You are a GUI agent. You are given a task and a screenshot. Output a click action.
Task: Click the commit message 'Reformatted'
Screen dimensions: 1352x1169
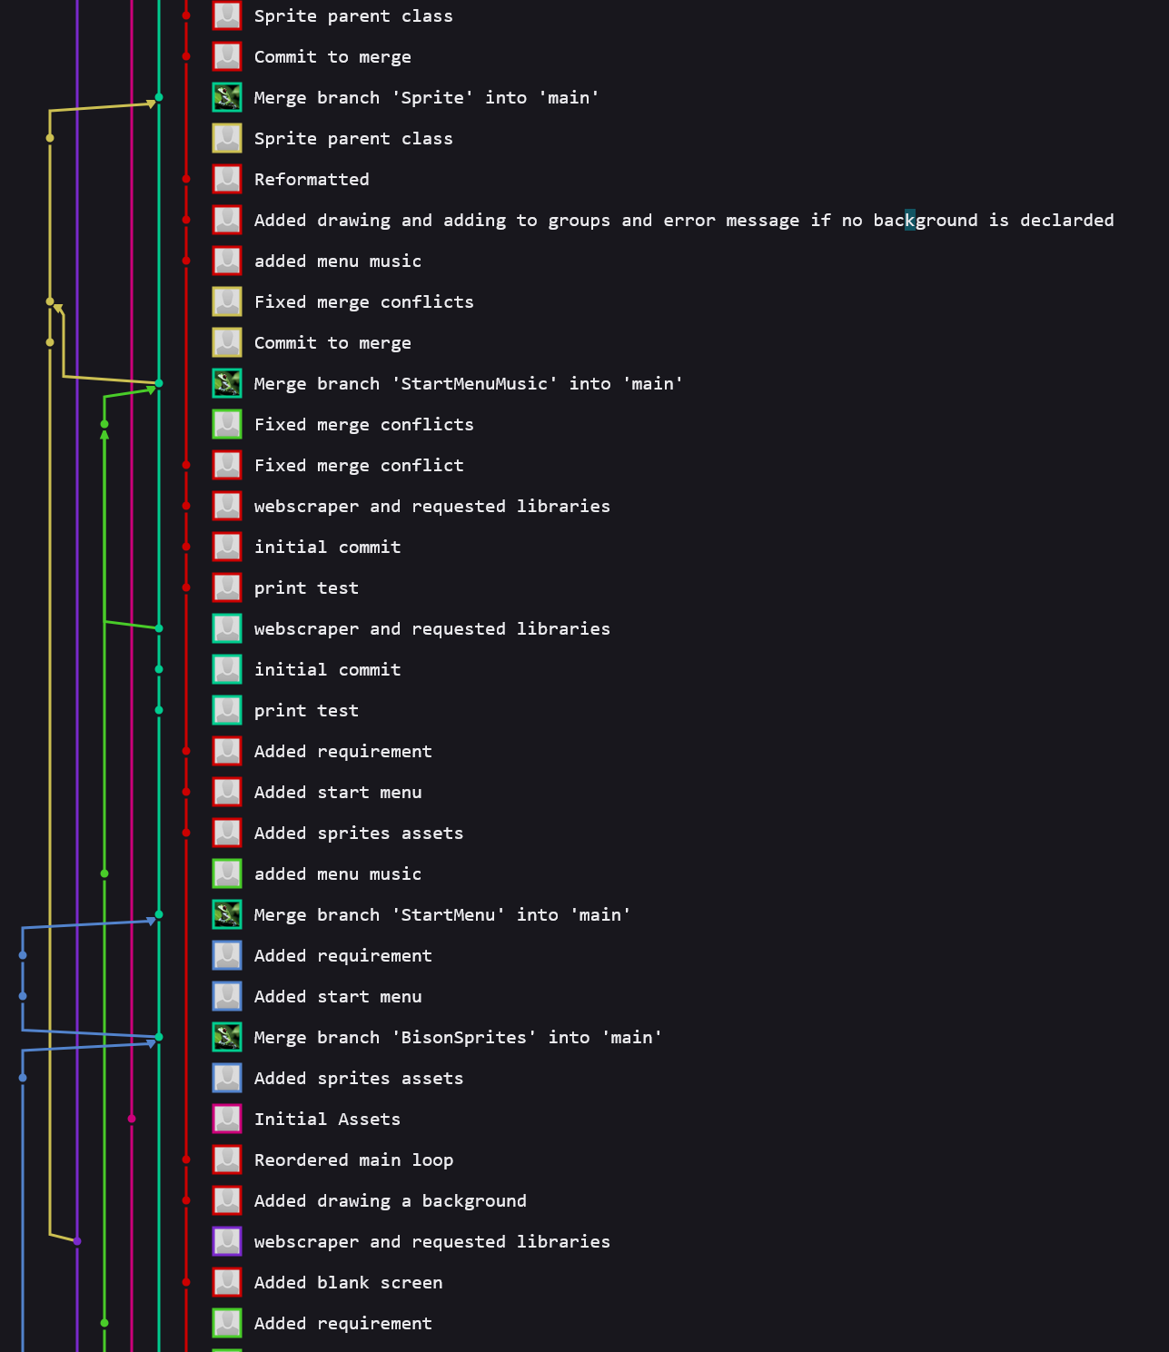click(x=312, y=180)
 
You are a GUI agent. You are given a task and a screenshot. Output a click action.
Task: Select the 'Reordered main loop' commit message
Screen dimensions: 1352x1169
click(x=353, y=1160)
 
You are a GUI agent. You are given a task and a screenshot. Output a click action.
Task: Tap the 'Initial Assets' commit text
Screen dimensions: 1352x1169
click(x=327, y=1120)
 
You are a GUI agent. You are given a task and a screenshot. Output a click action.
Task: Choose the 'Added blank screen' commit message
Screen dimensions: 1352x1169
click(x=348, y=1283)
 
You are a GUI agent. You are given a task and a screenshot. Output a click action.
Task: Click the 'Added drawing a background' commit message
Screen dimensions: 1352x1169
click(x=390, y=1201)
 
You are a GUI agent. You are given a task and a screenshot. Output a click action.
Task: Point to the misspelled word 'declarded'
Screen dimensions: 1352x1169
click(x=1066, y=221)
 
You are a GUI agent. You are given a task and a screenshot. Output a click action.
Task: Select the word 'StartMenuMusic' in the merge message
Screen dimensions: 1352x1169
click(x=474, y=384)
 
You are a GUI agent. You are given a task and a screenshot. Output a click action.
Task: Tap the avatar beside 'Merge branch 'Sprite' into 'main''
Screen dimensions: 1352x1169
click(x=227, y=97)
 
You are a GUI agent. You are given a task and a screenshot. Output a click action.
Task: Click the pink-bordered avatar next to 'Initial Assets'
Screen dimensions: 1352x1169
click(x=227, y=1119)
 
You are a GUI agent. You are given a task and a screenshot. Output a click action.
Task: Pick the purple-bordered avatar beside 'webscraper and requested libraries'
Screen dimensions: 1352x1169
click(x=227, y=1241)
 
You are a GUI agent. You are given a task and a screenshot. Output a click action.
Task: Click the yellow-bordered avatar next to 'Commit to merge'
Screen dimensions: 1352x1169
click(x=227, y=342)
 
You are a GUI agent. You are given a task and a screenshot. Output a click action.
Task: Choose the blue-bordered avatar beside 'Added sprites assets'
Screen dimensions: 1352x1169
click(x=227, y=1078)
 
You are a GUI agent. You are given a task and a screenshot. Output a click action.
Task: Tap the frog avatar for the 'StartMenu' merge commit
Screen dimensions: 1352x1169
click(x=227, y=914)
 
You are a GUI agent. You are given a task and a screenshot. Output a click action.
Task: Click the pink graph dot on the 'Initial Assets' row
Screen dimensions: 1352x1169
click(x=132, y=1119)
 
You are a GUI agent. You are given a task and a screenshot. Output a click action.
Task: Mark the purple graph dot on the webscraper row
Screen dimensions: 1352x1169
click(x=77, y=1241)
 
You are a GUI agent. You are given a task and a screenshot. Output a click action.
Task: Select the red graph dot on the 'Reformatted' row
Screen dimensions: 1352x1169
click(x=186, y=179)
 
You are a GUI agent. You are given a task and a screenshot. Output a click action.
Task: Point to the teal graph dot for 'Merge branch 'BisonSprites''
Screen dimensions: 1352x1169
click(x=159, y=1037)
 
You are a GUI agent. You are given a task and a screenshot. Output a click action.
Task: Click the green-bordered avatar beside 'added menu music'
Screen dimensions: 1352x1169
click(x=227, y=873)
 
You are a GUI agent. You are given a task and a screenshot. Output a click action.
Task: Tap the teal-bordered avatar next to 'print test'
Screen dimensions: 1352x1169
click(x=227, y=710)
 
